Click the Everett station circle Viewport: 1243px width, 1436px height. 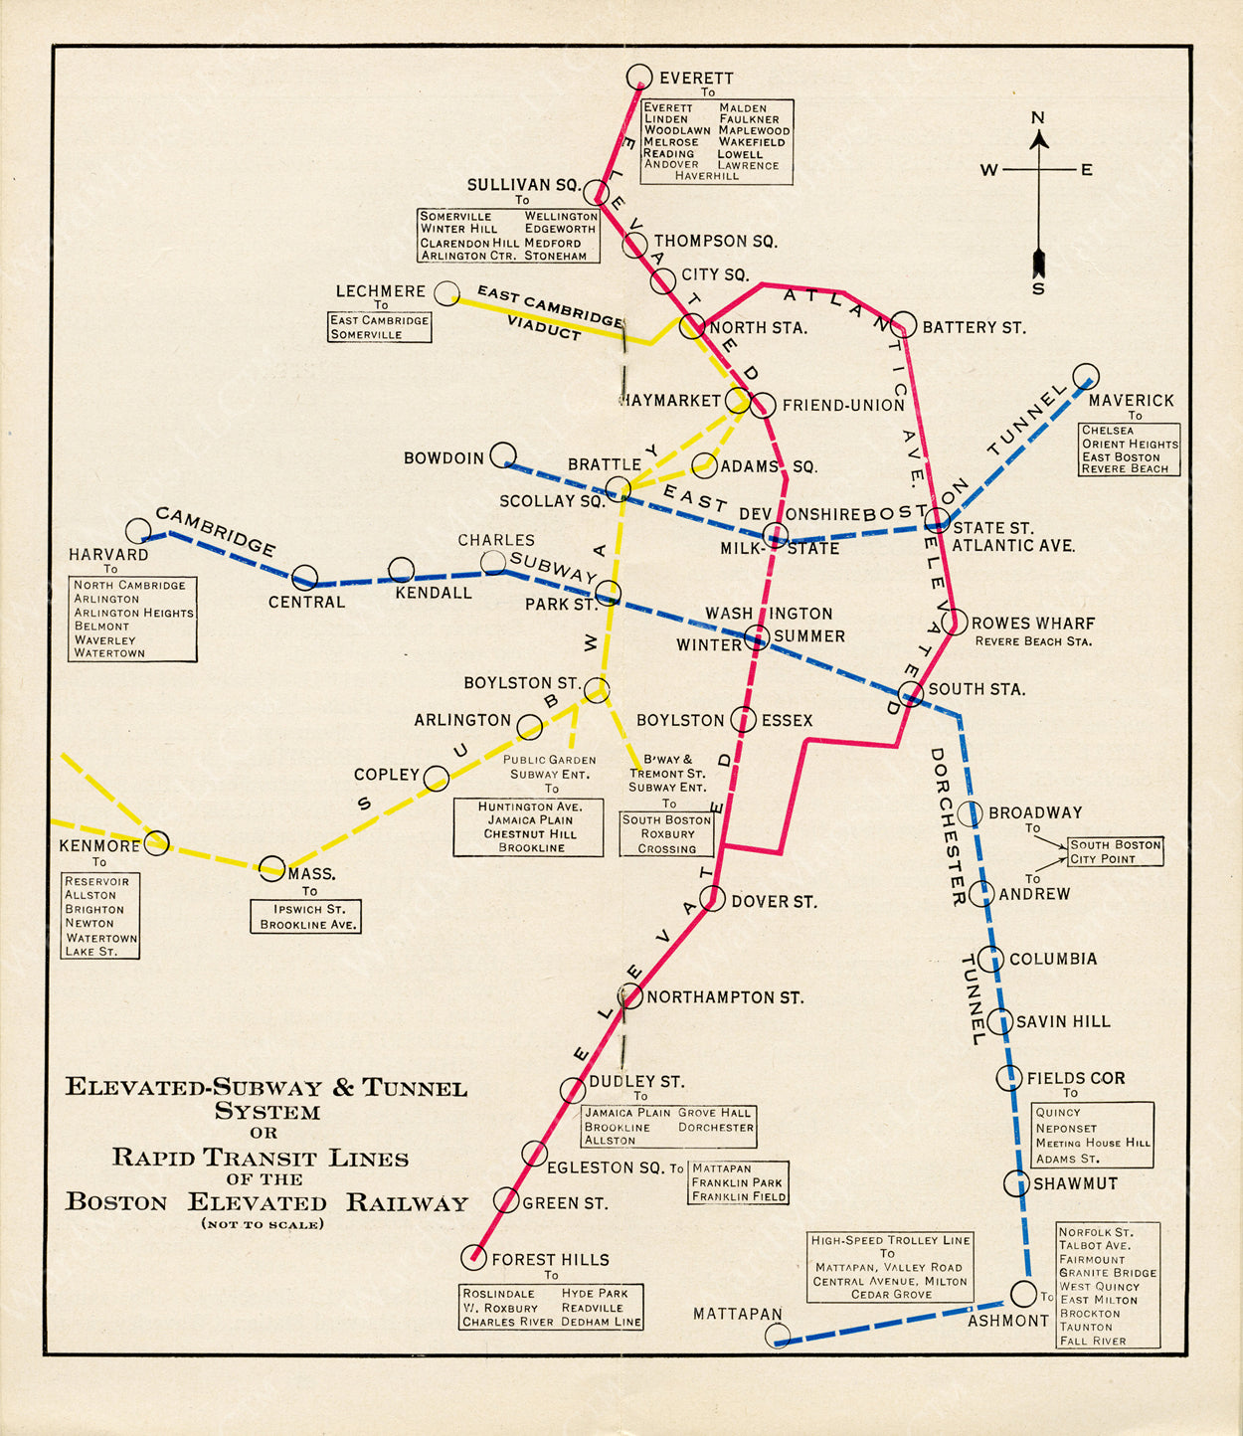(x=639, y=77)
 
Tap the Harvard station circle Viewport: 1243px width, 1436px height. (x=138, y=530)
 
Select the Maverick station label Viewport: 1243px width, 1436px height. (x=1131, y=400)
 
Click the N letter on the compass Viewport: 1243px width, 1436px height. (x=1038, y=117)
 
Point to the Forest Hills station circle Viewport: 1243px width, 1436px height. (x=474, y=1257)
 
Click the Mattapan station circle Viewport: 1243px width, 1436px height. (x=778, y=1336)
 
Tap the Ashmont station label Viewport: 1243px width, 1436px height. (x=1007, y=1321)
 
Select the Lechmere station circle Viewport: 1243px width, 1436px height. (x=447, y=291)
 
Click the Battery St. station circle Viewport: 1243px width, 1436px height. (x=903, y=324)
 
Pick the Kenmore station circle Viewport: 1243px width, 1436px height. (x=157, y=843)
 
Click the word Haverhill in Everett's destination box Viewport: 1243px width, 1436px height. (x=707, y=176)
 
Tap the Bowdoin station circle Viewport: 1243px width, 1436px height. (x=503, y=454)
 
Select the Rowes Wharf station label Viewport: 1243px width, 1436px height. (x=1032, y=624)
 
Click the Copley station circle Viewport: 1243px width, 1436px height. (x=436, y=778)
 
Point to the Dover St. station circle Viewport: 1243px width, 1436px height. (x=712, y=899)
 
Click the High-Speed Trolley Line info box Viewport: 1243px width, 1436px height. (x=890, y=1267)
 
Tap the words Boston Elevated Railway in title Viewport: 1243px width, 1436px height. (x=266, y=1202)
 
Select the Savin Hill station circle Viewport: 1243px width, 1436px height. (x=999, y=1021)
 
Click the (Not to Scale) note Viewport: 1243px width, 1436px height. (x=263, y=1224)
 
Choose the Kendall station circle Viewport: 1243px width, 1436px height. (x=401, y=570)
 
